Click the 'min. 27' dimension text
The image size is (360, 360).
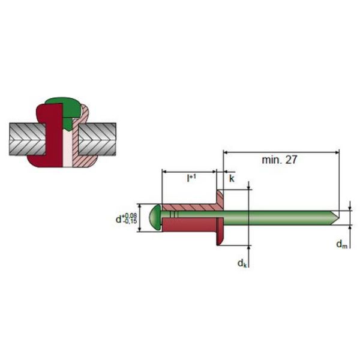(x=280, y=160)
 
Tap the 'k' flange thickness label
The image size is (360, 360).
(x=232, y=179)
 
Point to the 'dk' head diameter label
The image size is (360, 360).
(x=241, y=263)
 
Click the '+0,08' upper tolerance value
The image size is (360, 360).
(x=130, y=214)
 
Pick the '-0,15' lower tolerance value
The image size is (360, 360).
(x=130, y=223)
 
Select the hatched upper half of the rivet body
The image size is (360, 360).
(x=189, y=207)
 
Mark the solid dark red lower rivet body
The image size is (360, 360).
(x=189, y=223)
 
